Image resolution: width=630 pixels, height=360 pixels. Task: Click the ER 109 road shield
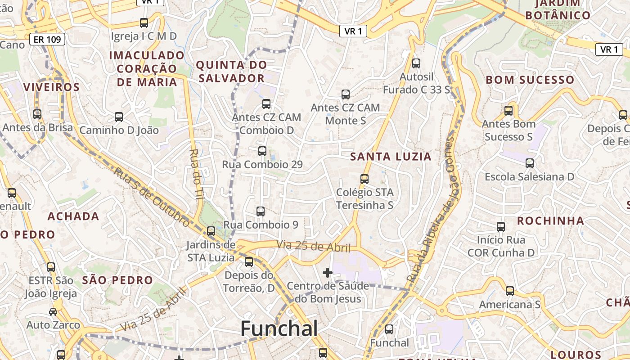point(48,40)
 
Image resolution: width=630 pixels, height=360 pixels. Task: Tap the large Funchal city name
point(279,328)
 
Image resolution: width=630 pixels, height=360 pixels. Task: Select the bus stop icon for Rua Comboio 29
point(262,151)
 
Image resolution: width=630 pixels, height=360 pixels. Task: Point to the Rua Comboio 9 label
point(261,225)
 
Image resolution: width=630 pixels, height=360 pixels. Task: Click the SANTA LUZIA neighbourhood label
point(391,157)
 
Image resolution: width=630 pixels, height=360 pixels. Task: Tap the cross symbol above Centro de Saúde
point(328,272)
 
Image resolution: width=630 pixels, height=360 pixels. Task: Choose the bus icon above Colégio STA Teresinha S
point(364,179)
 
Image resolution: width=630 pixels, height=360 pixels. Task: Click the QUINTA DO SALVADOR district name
point(231,72)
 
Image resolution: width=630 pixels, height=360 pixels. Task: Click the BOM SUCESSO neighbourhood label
point(530,80)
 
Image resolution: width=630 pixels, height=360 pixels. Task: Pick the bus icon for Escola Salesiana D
point(530,163)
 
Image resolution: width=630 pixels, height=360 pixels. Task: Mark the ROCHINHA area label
point(550,221)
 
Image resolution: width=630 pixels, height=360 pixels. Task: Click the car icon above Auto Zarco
point(53,311)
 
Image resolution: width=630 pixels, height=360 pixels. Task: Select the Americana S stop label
point(509,305)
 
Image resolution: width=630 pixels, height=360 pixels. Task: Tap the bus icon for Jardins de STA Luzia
point(211,231)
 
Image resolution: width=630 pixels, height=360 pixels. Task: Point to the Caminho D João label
point(119,130)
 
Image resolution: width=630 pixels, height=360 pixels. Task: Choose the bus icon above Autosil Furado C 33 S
point(416,63)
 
